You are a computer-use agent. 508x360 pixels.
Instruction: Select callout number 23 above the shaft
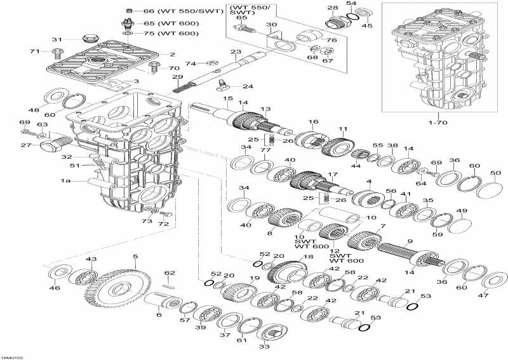236,52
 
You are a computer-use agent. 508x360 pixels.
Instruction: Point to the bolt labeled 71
58,51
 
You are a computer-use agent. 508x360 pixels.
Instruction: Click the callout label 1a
65,181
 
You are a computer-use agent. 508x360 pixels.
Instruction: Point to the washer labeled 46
57,275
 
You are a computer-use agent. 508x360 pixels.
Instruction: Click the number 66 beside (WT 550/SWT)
149,11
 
